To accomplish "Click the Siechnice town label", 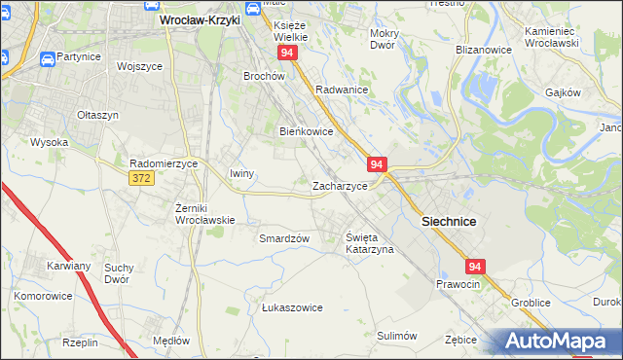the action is coord(449,222).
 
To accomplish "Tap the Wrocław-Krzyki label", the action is coord(199,18).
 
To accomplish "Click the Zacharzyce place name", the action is coord(339,186).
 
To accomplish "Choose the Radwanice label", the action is coord(341,90).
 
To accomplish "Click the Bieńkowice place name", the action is coord(307,131).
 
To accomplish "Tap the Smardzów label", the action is coord(284,238).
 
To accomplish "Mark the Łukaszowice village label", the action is coord(292,307).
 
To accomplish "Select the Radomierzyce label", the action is coord(164,163).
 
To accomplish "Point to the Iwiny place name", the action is coord(241,174).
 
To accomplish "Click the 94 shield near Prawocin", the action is coord(475,266).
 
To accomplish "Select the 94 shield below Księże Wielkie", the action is coord(286,53).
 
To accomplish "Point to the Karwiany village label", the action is coord(68,266).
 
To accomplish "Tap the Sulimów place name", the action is coord(396,336).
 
